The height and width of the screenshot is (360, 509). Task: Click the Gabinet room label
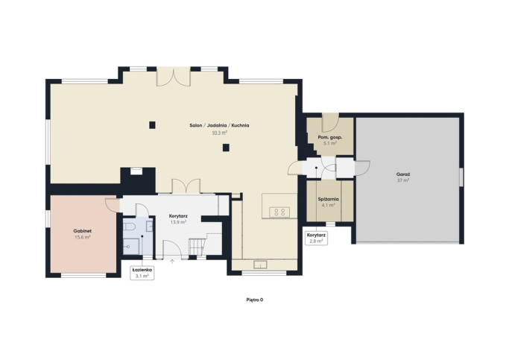(83, 231)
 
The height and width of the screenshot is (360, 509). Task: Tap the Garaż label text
(403, 174)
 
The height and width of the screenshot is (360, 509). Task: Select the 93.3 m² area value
(219, 133)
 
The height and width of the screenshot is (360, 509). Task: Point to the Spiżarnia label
(328, 199)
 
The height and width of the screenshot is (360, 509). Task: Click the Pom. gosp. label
(330, 137)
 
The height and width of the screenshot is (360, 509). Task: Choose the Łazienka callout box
(142, 273)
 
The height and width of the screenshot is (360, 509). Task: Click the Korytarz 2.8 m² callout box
(316, 238)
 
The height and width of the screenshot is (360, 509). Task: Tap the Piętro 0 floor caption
(255, 300)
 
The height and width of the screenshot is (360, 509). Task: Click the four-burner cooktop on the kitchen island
(279, 212)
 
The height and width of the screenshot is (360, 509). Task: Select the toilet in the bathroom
(128, 226)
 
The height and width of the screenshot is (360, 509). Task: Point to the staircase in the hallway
(198, 247)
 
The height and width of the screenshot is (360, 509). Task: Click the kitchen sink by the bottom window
(260, 265)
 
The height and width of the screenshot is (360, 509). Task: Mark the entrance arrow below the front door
(172, 261)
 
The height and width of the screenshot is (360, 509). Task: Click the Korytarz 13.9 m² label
(178, 219)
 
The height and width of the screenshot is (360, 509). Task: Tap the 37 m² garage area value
(403, 180)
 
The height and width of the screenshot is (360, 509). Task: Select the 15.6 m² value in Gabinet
(83, 237)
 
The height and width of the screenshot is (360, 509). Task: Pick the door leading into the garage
(362, 168)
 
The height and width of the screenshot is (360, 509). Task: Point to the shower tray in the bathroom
(131, 247)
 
